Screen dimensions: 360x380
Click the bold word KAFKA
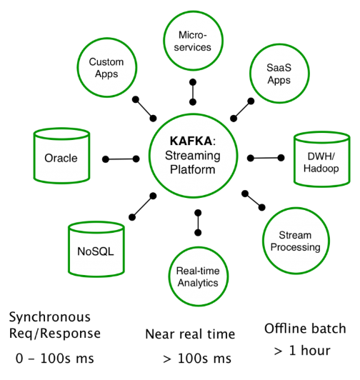tap(191, 141)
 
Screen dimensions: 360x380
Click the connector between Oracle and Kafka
tap(121, 159)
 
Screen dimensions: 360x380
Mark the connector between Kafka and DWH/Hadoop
tap(266, 158)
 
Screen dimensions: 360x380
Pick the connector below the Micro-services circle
tap(193, 92)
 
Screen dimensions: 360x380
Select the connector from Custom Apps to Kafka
tap(144, 109)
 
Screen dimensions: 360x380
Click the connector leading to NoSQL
tap(143, 206)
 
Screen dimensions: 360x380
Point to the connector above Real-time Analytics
tap(198, 223)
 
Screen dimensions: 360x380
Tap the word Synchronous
tap(50, 317)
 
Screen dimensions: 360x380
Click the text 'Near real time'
tap(190, 334)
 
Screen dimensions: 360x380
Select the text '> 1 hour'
tap(302, 351)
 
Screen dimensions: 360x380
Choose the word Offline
tap(286, 329)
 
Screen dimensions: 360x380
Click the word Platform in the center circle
tap(192, 169)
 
